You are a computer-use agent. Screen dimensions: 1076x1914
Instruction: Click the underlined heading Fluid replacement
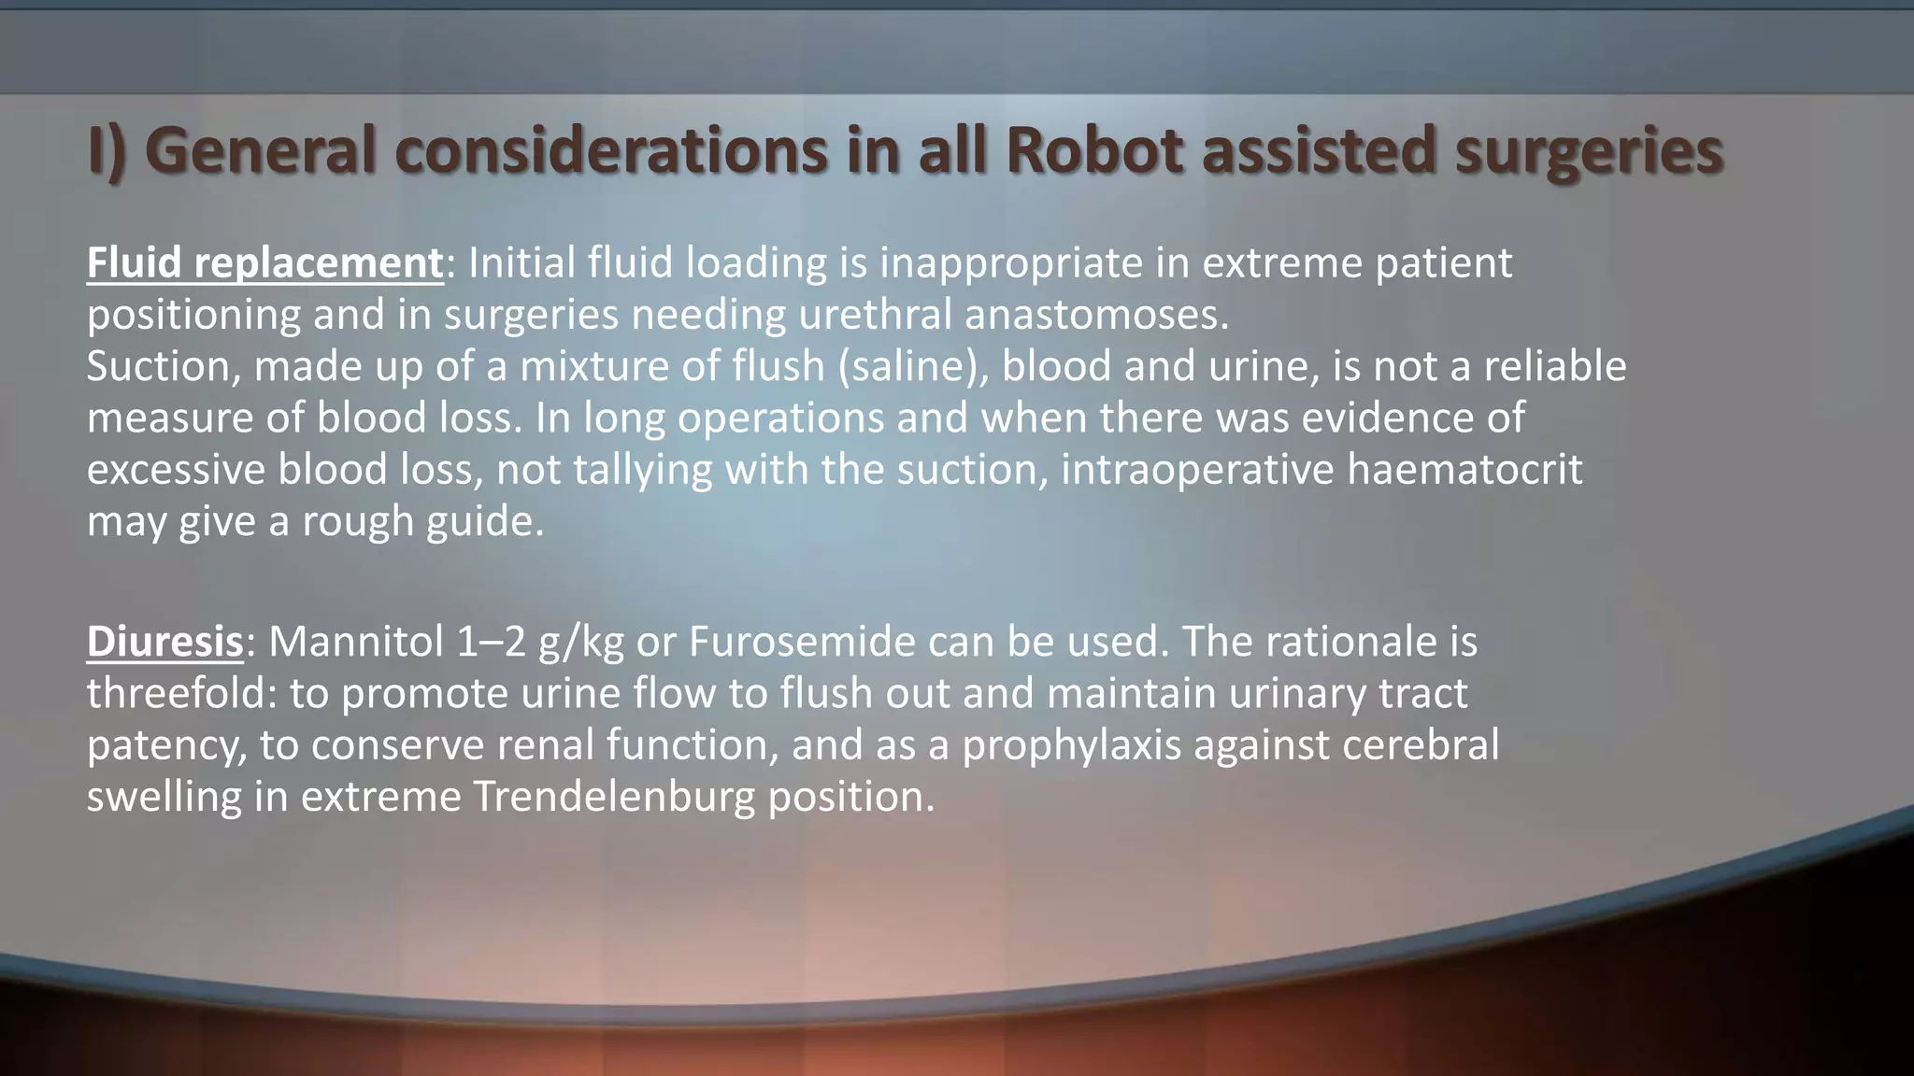[x=264, y=263]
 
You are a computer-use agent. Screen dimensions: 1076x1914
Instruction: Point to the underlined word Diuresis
[x=164, y=642]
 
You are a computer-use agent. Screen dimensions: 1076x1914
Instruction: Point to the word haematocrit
[x=1464, y=469]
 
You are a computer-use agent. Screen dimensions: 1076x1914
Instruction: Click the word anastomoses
[x=1096, y=315]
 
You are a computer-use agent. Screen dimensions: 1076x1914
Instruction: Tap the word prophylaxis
[x=1071, y=745]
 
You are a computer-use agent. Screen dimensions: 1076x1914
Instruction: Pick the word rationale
[x=1337, y=642]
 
